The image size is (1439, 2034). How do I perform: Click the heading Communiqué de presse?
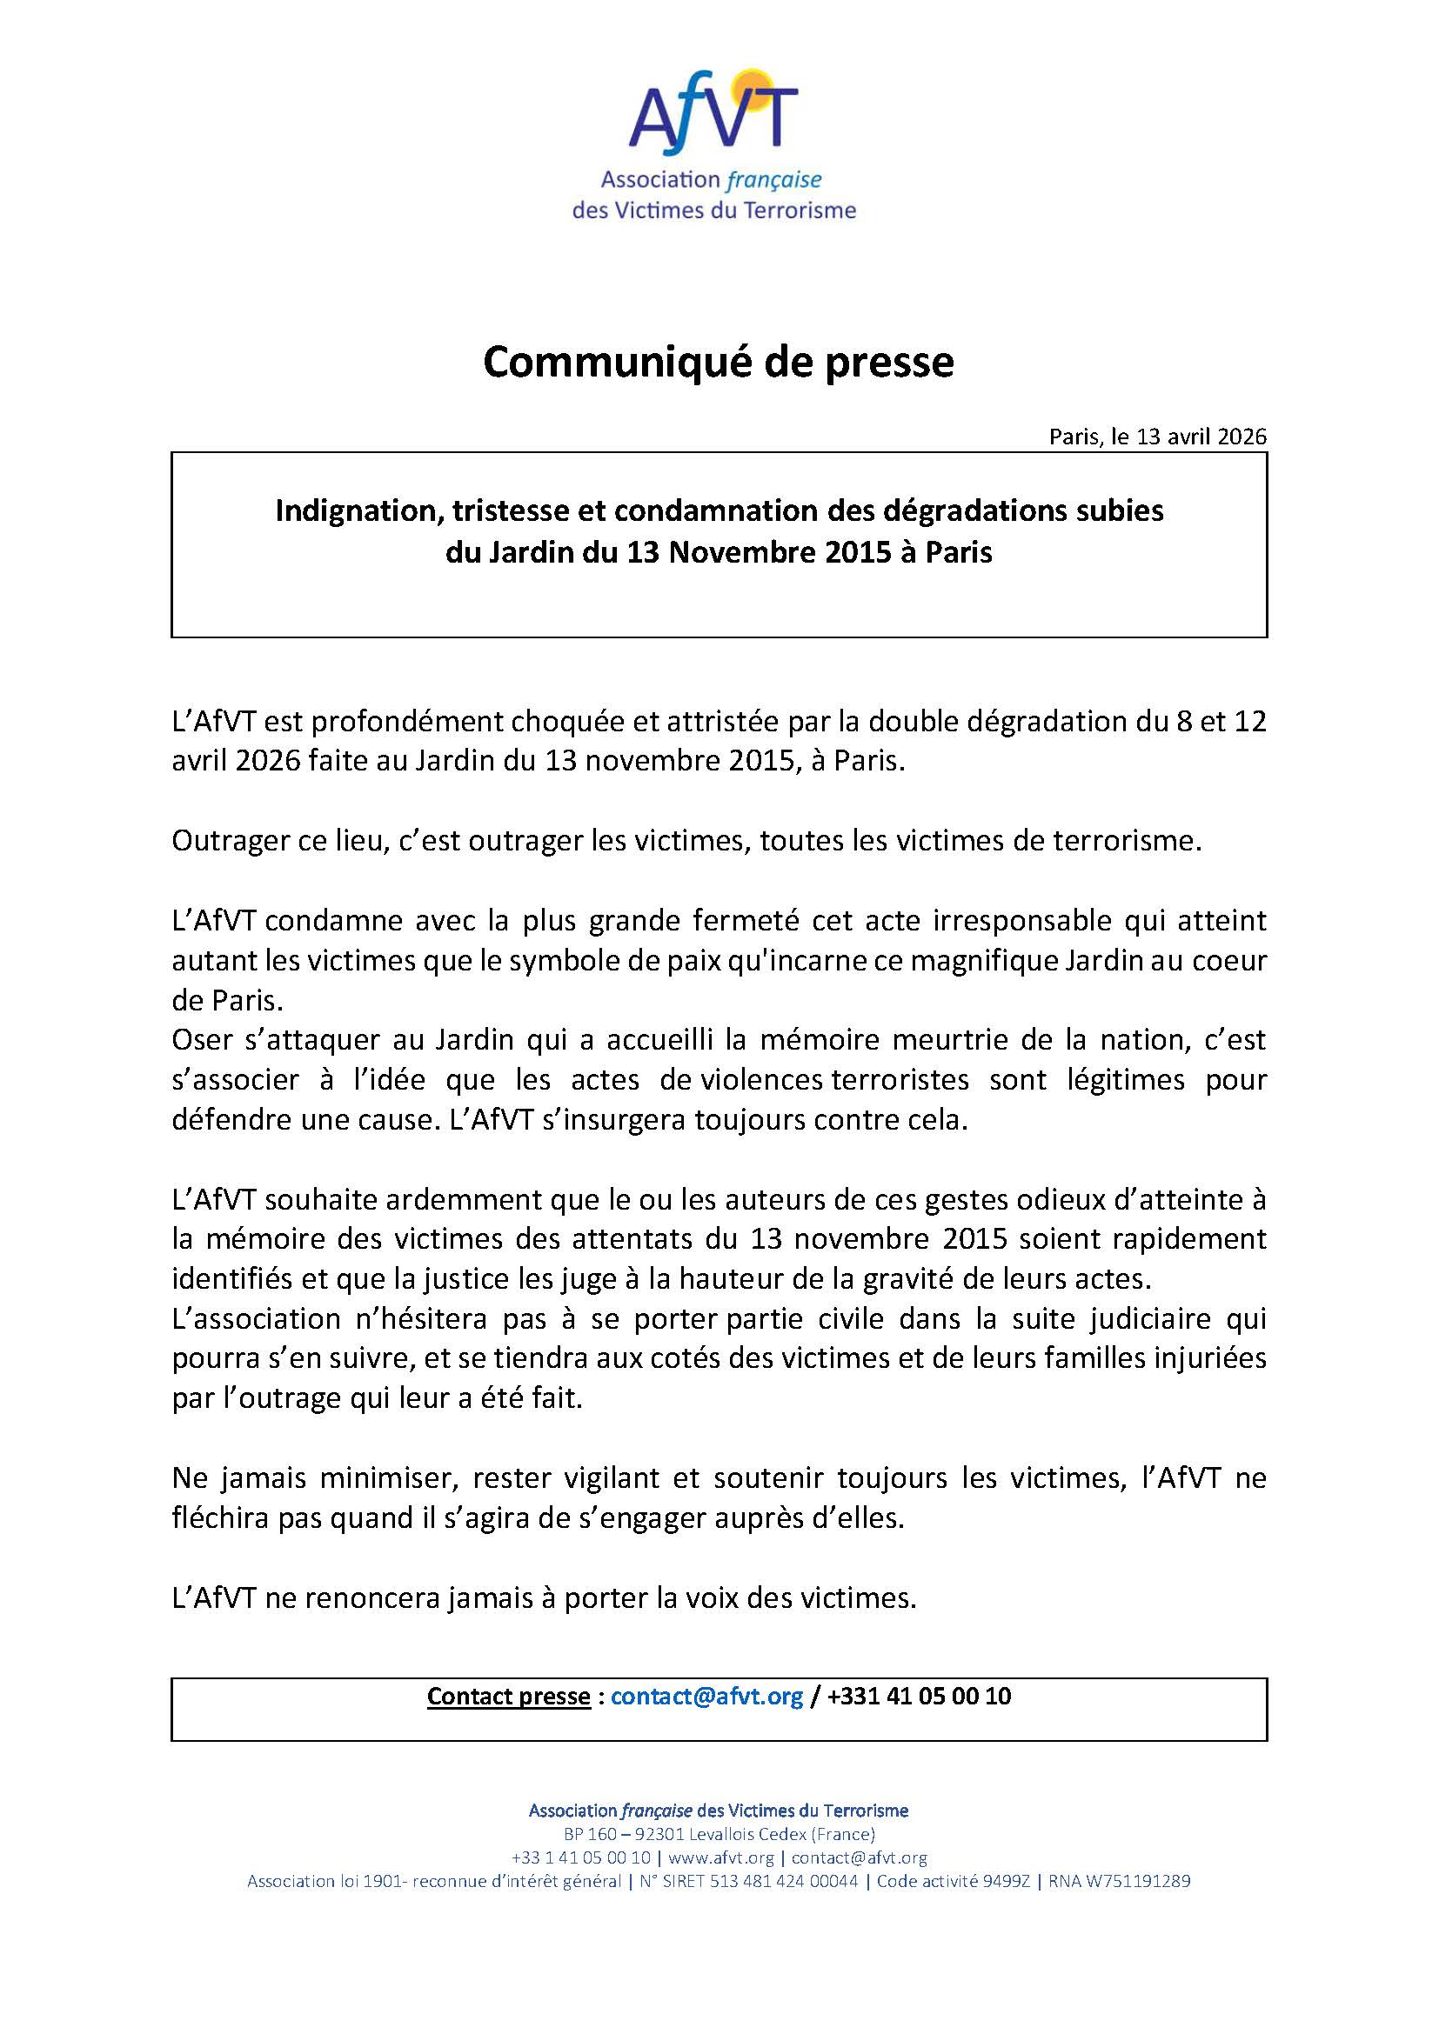(x=718, y=363)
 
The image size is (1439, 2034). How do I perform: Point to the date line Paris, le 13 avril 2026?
(x=1157, y=437)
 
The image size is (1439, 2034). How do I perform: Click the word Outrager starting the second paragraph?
(x=227, y=840)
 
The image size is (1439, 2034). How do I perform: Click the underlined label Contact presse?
(x=509, y=1697)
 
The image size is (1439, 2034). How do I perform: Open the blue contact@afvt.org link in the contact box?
(x=707, y=1697)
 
